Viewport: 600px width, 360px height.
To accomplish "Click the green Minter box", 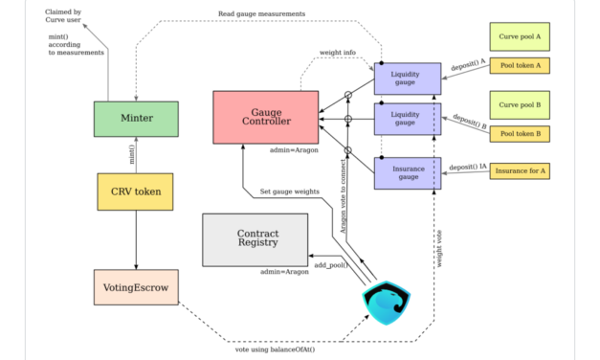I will (136, 119).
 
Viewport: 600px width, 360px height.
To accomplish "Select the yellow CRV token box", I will (136, 192).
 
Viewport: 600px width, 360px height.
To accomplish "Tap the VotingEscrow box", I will (136, 286).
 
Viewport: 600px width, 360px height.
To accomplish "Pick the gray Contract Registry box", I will (256, 239).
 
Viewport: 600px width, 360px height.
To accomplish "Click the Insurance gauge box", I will (406, 173).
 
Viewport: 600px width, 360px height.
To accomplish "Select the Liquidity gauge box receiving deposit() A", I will (406, 79).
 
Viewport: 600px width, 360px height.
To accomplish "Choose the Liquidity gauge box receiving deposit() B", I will (406, 120).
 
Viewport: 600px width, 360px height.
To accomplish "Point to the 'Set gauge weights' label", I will (291, 191).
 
